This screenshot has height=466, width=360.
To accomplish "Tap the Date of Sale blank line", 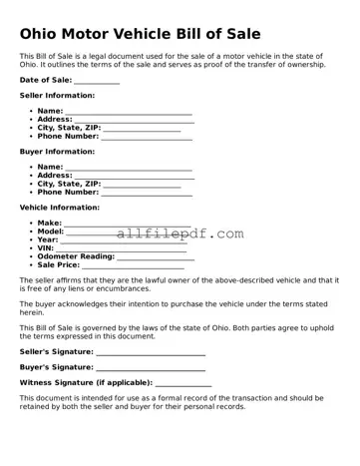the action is pos(97,84).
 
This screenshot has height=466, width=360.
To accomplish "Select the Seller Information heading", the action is pos(57,95).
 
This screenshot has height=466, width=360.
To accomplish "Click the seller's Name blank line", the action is pos(129,114).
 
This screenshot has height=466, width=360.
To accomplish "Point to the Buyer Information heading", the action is pos(57,152).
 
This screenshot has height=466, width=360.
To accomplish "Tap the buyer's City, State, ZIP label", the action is pos(69,184).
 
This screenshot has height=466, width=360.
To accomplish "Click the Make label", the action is pos(49,223).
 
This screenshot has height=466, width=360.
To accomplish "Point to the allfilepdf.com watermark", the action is pos(180,233).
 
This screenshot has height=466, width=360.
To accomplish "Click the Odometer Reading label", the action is pos(76,257).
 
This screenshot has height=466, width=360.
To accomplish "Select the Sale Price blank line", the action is pos(133,267).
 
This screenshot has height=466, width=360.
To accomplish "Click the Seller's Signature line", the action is pos(151,354).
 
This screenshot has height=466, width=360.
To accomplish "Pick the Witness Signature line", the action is pos(183,384).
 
